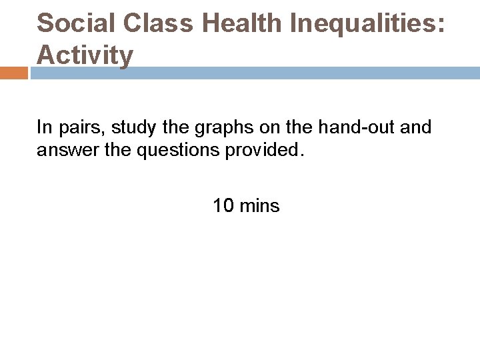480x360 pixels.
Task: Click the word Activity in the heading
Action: (x=85, y=55)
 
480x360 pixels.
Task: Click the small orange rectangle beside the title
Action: (x=14, y=73)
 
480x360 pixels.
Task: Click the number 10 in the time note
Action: (x=223, y=206)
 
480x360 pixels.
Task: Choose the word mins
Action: (x=259, y=206)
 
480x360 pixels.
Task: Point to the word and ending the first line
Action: (x=417, y=127)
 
